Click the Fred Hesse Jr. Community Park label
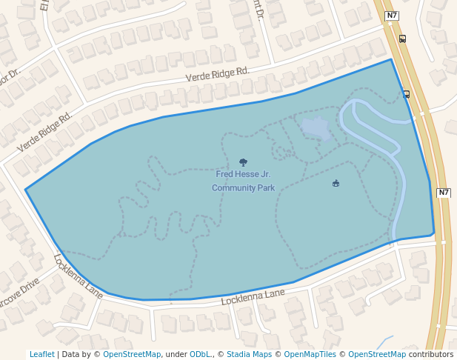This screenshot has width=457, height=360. point(243,181)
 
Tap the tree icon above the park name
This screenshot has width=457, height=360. point(243,162)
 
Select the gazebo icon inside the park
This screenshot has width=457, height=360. point(336,183)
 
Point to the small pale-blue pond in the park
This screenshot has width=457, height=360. point(316,128)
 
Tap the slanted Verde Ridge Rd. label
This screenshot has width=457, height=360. point(44,132)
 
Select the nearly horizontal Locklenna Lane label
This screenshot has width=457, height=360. point(253,297)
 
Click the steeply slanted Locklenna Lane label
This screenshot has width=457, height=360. point(78,276)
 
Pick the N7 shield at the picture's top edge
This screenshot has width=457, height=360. point(393,15)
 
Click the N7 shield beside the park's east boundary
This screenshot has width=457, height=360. point(443,193)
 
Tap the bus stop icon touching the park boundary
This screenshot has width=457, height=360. point(406,94)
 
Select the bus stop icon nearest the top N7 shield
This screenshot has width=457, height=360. point(402,39)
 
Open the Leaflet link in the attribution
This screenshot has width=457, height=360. point(41,355)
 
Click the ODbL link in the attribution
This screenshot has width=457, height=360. point(199,355)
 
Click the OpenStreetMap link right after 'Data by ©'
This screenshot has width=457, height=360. point(131,355)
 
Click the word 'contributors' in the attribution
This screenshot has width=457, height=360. point(431,355)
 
